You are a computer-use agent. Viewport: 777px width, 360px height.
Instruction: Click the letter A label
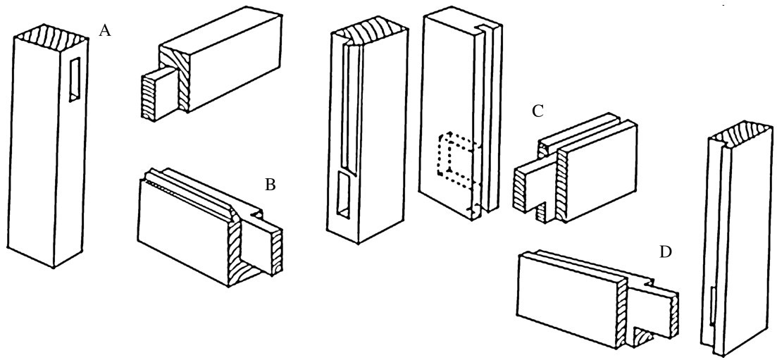tap(106, 32)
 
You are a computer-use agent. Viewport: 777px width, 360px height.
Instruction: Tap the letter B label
tap(270, 186)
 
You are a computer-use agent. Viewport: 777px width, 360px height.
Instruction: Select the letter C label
tap(537, 112)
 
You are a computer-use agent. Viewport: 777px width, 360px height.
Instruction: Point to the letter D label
tap(664, 251)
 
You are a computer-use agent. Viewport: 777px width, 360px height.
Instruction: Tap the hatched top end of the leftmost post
tap(51, 33)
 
